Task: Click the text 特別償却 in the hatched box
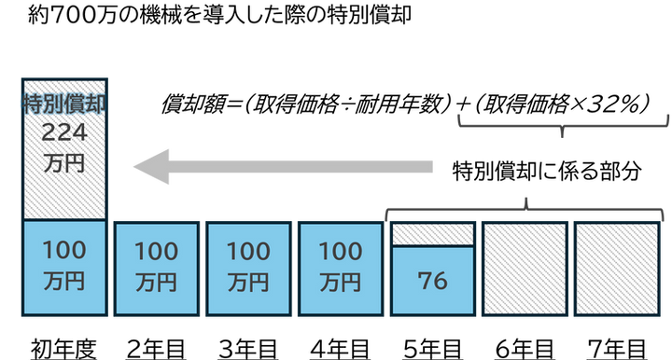point(63,103)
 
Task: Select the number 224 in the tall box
point(63,133)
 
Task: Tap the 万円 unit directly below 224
point(63,162)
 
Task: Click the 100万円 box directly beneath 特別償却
point(63,266)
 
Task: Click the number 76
point(433,280)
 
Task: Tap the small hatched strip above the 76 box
point(433,233)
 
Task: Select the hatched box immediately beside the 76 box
point(525,268)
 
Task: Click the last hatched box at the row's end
point(616,268)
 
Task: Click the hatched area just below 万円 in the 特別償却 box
point(63,196)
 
